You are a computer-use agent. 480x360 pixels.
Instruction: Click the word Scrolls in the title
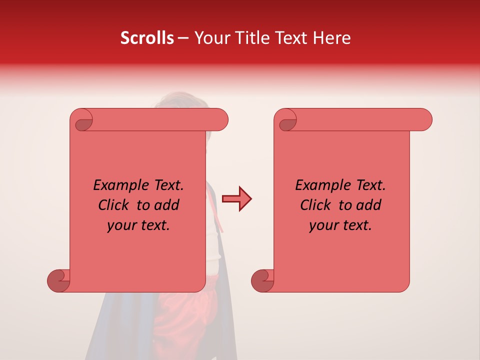pos(147,38)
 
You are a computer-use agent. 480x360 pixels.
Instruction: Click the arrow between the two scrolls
pos(236,199)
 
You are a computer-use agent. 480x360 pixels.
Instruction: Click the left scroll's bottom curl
pos(58,280)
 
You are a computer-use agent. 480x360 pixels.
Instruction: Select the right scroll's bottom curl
pos(262,280)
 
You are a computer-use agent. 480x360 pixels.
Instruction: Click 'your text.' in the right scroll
pos(340,225)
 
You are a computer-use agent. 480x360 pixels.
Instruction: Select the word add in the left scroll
pos(167,205)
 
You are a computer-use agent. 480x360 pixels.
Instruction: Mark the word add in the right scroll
pos(369,205)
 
